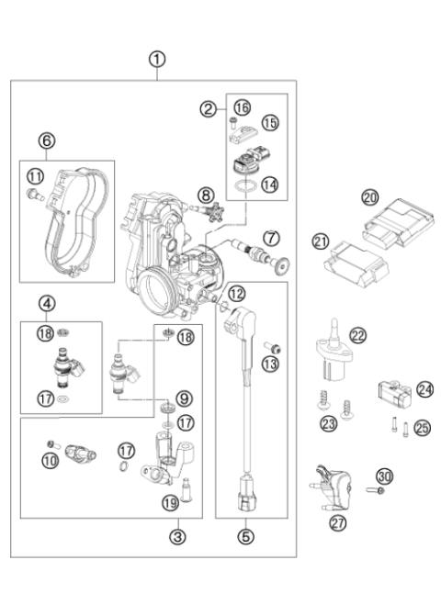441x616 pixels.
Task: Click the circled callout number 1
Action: (x=158, y=58)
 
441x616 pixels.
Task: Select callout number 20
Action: (x=369, y=197)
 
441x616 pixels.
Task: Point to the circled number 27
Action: (x=337, y=522)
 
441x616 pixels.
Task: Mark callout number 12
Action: (x=237, y=294)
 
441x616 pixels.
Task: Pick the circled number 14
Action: (x=270, y=184)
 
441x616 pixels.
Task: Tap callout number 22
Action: (x=357, y=337)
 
